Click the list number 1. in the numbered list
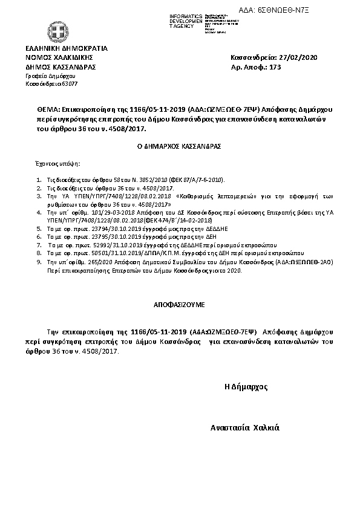point(39,180)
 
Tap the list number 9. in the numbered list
point(39,262)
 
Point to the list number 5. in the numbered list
point(39,230)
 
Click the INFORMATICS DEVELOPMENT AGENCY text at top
point(186,21)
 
